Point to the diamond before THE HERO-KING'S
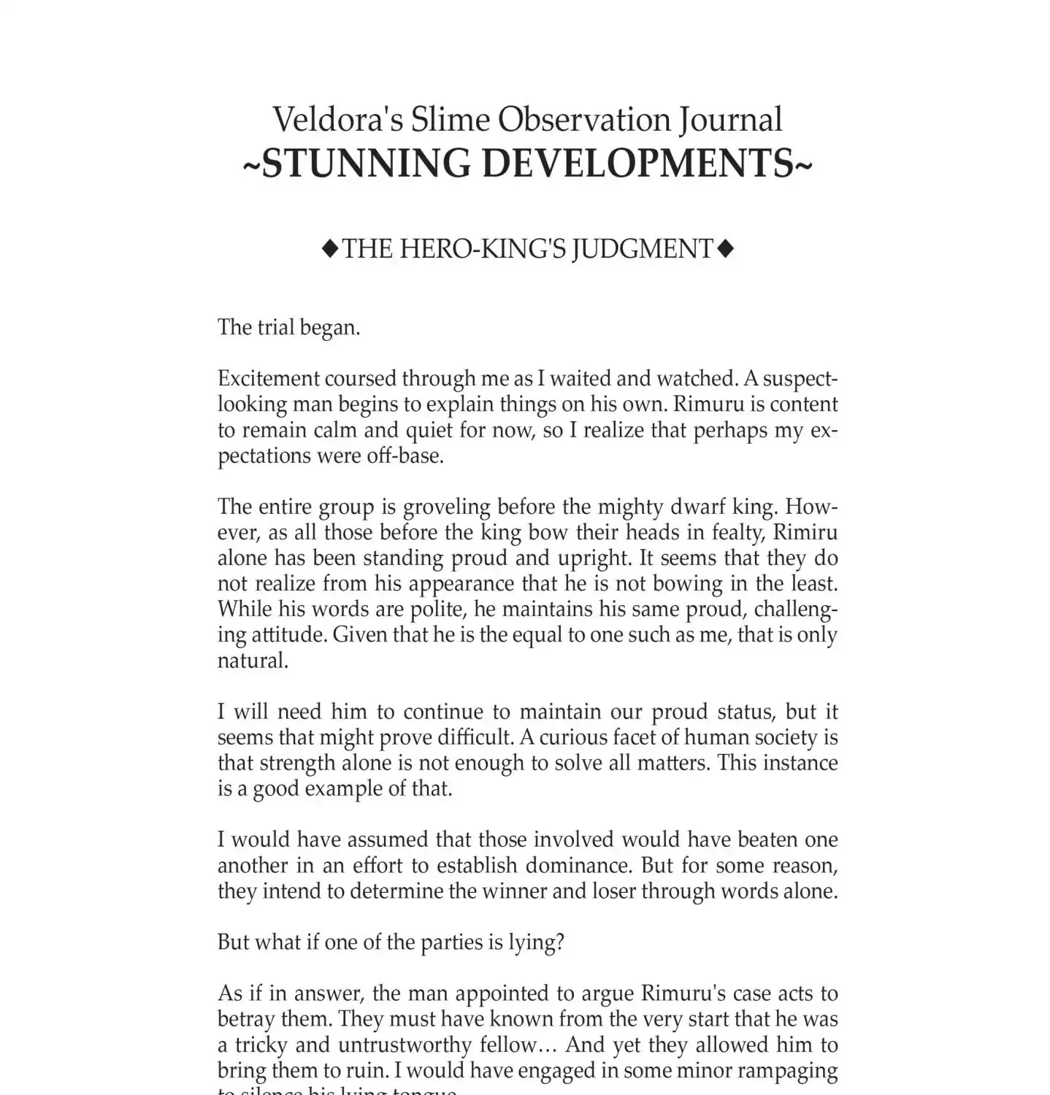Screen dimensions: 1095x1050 (330, 250)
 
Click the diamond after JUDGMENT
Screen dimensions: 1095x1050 (725, 250)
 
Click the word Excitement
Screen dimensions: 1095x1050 (267, 378)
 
